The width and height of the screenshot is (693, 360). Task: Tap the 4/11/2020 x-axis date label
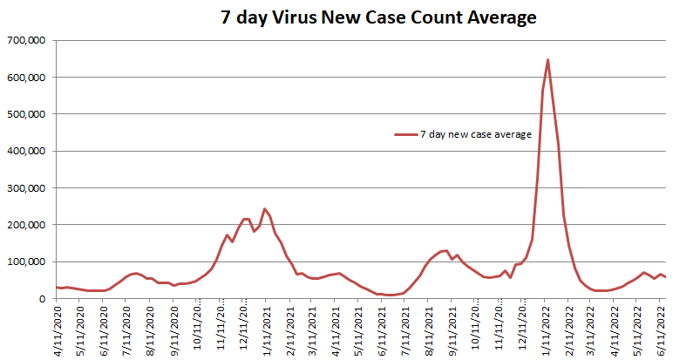coord(58,328)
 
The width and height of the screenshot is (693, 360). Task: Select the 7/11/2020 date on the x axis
coord(127,328)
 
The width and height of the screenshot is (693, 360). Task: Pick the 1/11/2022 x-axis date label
coord(547,328)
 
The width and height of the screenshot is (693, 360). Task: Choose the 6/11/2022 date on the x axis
coord(663,328)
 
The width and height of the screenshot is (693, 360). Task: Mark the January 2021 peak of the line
coord(264,209)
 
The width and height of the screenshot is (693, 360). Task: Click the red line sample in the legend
coord(405,134)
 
